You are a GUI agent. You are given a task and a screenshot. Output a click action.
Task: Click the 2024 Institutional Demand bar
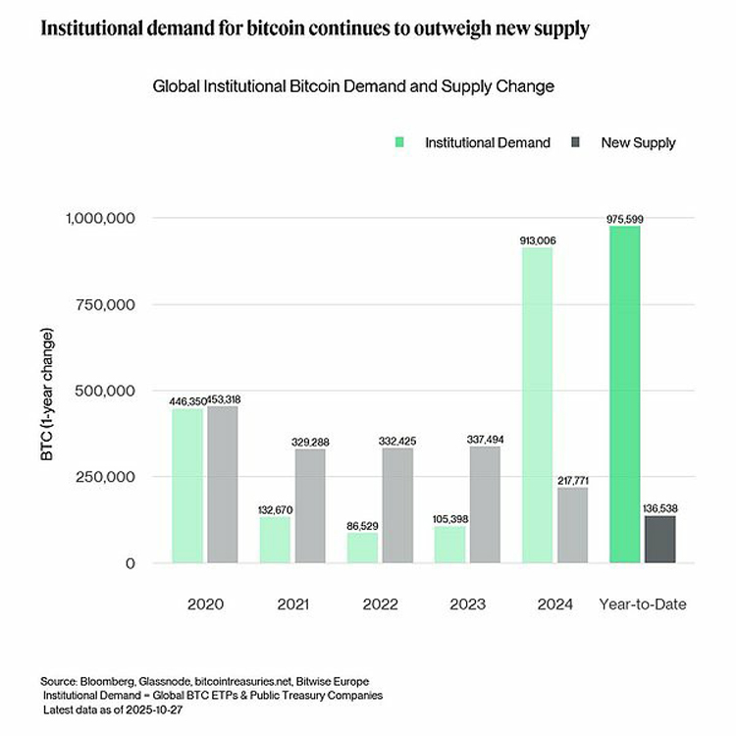pyautogui.click(x=538, y=405)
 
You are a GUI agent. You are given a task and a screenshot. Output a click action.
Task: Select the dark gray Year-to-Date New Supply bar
pyautogui.click(x=660, y=540)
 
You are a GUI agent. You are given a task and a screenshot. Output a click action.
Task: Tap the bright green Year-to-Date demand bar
pyautogui.click(x=625, y=394)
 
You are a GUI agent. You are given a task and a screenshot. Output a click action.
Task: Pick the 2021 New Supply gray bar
pyautogui.click(x=310, y=506)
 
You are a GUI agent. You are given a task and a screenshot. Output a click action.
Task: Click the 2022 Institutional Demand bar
pyautogui.click(x=362, y=548)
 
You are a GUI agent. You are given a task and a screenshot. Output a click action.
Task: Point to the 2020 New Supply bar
pyautogui.click(x=223, y=485)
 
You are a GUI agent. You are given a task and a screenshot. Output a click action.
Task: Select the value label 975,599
pyautogui.click(x=625, y=219)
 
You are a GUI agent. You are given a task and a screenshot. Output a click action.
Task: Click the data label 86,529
pyautogui.click(x=362, y=526)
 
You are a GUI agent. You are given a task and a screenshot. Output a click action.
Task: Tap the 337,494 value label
pyautogui.click(x=485, y=440)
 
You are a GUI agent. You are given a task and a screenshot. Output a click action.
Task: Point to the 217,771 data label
pyautogui.click(x=573, y=481)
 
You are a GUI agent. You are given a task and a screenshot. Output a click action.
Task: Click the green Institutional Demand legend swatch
pyautogui.click(x=399, y=142)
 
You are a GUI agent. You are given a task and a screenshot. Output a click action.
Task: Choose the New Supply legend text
pyautogui.click(x=639, y=142)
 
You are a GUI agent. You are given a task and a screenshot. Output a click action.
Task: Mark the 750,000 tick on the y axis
pyautogui.click(x=105, y=304)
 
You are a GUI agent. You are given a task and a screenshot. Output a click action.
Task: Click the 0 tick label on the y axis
pyautogui.click(x=131, y=563)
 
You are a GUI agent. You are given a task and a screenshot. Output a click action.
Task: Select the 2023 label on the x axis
pyautogui.click(x=467, y=605)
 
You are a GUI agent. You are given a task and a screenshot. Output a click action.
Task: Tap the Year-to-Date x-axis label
pyautogui.click(x=643, y=605)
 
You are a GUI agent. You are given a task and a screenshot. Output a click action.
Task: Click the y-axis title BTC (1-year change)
pyautogui.click(x=47, y=394)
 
